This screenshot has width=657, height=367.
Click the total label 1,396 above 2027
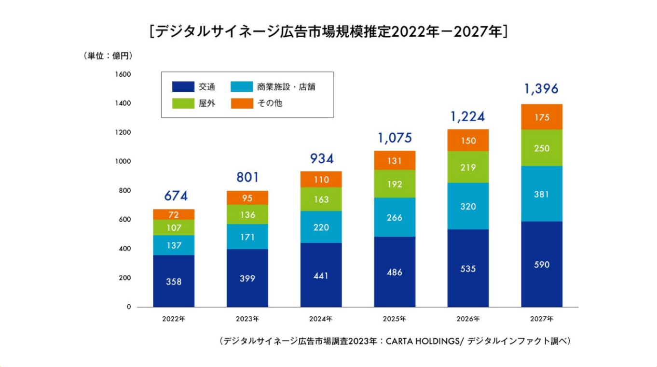[x=541, y=89]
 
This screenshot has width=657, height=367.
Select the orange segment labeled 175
[x=542, y=117]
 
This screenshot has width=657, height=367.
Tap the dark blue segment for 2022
[x=174, y=281]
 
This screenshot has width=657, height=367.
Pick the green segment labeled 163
[x=321, y=199]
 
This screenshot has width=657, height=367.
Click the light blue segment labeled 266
[x=395, y=217]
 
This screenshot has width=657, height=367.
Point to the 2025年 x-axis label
[x=395, y=319]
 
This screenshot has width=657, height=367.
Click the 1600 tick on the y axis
[x=123, y=74]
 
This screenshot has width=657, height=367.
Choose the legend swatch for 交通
[x=183, y=87]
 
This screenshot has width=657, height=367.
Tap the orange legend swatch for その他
[x=242, y=103]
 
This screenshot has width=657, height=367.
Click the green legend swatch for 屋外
[x=183, y=103]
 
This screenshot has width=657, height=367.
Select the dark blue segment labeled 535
[x=468, y=268]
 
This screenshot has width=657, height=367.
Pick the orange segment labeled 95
[x=247, y=198]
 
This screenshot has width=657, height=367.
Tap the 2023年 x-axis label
[x=247, y=319]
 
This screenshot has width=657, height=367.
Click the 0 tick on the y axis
[x=129, y=307]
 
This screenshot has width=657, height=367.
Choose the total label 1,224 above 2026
[x=467, y=116]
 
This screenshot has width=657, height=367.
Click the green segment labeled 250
[x=542, y=148]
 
